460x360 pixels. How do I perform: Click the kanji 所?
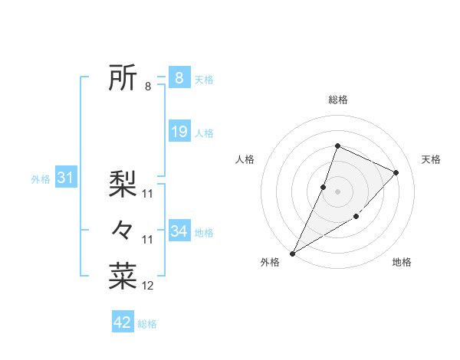(x=123, y=78)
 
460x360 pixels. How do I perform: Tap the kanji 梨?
(x=123, y=183)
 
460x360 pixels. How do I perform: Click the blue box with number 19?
(x=179, y=132)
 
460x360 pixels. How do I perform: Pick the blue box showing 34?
(x=179, y=231)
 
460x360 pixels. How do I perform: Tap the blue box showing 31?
(x=65, y=178)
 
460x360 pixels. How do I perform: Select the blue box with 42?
(x=123, y=322)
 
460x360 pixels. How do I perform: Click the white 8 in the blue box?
(x=179, y=78)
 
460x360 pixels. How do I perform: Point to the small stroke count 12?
(x=148, y=286)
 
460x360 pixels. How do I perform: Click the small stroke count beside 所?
(x=147, y=87)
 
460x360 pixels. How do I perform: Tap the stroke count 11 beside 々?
(x=148, y=240)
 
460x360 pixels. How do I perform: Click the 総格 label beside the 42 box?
(x=147, y=324)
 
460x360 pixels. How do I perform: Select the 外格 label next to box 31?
(x=41, y=179)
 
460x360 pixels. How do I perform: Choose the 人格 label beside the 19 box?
(x=204, y=133)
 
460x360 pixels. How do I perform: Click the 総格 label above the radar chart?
(x=337, y=100)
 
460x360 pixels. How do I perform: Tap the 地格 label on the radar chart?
(x=402, y=262)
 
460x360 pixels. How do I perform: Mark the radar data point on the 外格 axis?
(x=293, y=253)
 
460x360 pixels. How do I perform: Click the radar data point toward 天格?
(x=396, y=172)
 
